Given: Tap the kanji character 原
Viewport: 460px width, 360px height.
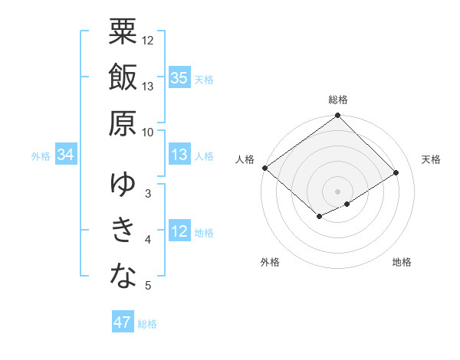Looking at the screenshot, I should [x=123, y=122].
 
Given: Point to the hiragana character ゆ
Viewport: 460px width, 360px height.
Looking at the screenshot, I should [x=123, y=183].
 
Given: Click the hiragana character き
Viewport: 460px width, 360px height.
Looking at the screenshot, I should [x=123, y=229].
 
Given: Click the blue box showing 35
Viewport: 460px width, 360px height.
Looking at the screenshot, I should [x=179, y=78].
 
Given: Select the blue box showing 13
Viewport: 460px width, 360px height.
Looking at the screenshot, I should [x=179, y=155].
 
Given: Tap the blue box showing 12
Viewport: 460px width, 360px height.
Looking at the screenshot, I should [x=179, y=231].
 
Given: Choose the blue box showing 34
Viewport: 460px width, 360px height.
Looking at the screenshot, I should [x=66, y=155].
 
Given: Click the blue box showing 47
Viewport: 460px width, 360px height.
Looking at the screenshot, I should [x=123, y=322].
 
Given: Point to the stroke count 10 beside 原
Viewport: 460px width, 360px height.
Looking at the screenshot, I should [x=148, y=132].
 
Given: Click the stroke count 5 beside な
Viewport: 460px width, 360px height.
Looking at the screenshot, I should [x=148, y=286].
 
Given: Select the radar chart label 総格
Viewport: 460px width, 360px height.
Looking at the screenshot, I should [x=338, y=100].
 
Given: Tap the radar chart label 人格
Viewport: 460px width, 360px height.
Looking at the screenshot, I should [x=245, y=159].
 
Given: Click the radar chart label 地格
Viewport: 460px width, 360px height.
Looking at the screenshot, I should [x=402, y=263].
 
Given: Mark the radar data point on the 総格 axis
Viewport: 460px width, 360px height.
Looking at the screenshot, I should [x=337, y=116].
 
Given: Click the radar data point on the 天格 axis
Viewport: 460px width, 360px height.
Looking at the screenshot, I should [x=396, y=172].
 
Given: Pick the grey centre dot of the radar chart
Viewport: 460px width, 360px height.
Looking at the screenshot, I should [x=337, y=191].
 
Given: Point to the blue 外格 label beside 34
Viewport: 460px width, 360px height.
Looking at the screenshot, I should [x=41, y=156].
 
